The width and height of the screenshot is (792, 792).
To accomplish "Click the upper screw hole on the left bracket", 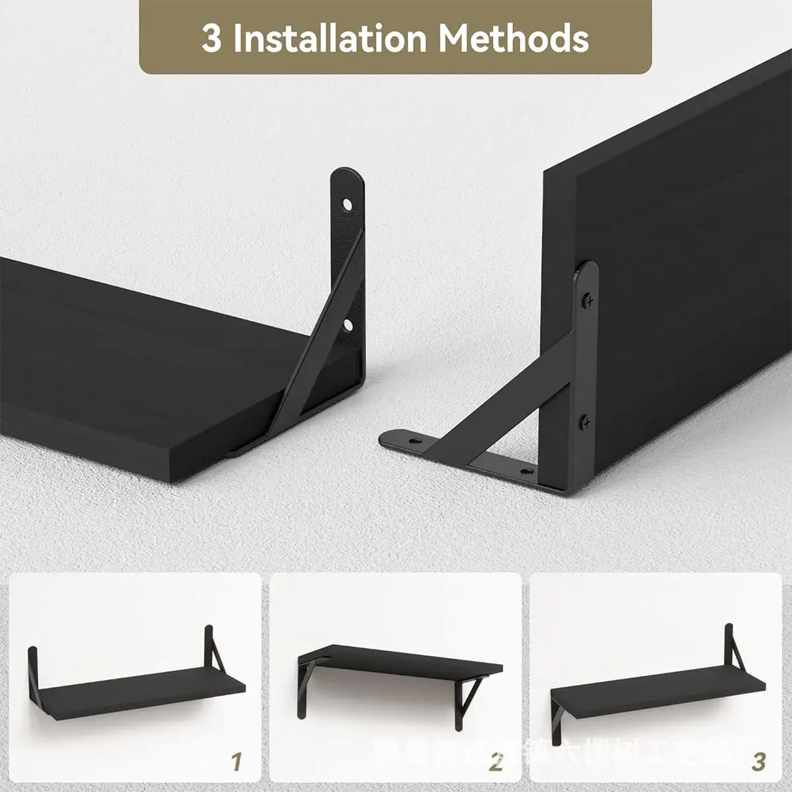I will click(346, 205).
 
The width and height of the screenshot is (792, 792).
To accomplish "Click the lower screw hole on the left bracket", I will click(346, 324).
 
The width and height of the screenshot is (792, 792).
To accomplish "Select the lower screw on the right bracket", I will click(585, 420).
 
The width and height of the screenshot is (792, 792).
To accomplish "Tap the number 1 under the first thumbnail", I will click(236, 762).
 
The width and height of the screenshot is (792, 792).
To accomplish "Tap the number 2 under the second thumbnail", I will click(496, 762).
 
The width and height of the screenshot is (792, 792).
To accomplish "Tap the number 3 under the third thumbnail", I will click(759, 762).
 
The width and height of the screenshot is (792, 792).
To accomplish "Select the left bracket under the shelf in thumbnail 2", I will click(306, 686).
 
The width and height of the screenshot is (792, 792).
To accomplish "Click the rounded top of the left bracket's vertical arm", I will click(347, 175).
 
